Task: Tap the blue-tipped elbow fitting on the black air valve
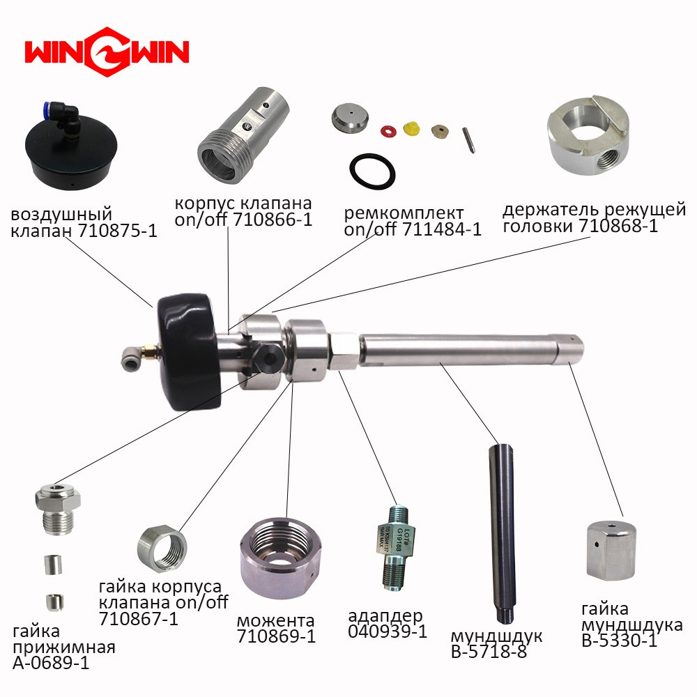point(64,116)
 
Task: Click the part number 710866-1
point(273,220)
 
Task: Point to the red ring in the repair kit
point(388,131)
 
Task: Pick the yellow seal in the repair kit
point(412,128)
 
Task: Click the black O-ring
point(372,171)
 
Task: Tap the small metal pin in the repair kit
point(468,140)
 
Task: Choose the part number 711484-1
point(442,229)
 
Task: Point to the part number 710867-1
point(138,618)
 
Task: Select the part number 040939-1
point(388,631)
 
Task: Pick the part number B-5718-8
point(489,652)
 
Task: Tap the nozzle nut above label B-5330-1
point(611,551)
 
